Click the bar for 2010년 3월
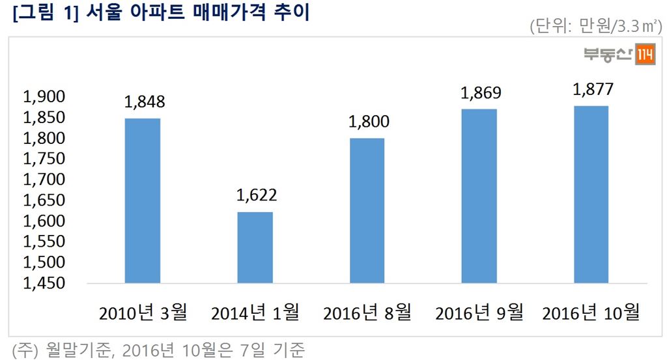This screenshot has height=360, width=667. tap(143, 201)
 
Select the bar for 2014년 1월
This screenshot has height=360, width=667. tap(255, 247)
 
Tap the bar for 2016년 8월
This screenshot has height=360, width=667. tap(367, 210)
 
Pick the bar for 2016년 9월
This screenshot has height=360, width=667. tap(479, 196)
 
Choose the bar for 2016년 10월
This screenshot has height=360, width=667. tap(591, 195)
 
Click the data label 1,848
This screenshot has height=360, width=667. tap(143, 102)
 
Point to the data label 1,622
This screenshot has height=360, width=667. tap(255, 195)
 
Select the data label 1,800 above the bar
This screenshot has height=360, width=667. tap(367, 122)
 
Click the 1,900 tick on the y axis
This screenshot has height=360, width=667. tap(44, 97)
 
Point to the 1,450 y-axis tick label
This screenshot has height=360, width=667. tap(44, 283)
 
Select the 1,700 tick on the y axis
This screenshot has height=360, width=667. tap(44, 180)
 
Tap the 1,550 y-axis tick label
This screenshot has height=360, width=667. tap(44, 242)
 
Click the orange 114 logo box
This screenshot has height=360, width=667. tap(645, 56)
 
